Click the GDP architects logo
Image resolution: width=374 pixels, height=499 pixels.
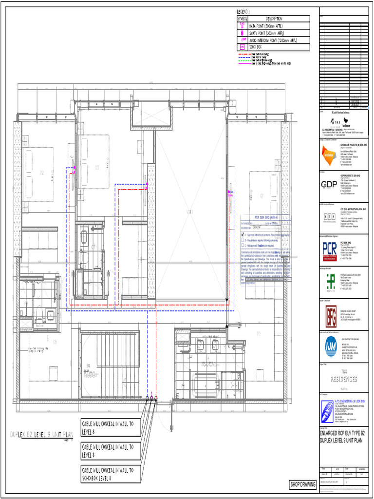click(330, 184)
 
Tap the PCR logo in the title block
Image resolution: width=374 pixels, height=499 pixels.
click(330, 249)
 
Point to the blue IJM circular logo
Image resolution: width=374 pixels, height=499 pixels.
click(329, 347)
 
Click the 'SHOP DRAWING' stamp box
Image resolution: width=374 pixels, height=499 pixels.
click(302, 484)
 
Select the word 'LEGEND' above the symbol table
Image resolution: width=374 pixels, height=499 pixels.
click(243, 11)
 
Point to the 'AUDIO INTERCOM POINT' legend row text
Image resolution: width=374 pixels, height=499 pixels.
click(273, 40)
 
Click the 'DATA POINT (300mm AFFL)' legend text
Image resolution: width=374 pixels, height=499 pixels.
click(266, 26)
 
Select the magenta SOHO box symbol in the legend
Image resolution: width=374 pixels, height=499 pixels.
click(242, 47)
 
